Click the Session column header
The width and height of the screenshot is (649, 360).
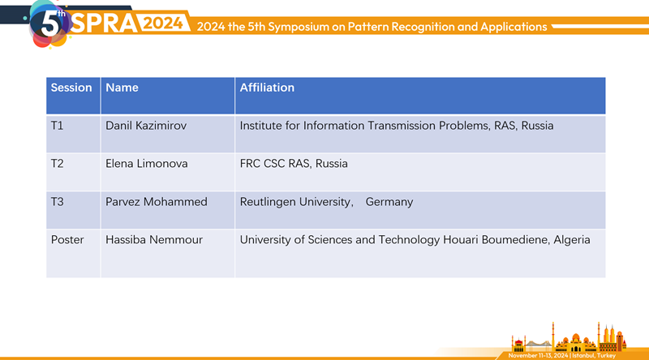71,88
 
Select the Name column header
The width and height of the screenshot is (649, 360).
122,88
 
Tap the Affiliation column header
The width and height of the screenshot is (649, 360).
267,88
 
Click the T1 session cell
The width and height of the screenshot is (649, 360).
57,126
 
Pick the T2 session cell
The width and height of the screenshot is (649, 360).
57,164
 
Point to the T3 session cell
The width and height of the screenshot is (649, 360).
57,202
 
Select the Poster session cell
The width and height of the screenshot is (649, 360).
67,240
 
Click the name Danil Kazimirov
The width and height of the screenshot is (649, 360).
146,126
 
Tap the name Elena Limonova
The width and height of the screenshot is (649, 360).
147,164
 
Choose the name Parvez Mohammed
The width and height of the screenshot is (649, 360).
157,202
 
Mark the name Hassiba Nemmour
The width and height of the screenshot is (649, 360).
154,240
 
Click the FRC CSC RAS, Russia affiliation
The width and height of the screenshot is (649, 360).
294,164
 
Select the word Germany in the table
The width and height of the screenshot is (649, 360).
389,203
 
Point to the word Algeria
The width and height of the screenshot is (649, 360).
572,241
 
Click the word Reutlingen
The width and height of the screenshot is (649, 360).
269,203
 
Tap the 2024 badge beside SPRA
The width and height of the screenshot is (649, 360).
163,24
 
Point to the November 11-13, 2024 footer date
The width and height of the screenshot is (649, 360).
538,355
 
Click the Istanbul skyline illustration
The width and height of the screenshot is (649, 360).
569,337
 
